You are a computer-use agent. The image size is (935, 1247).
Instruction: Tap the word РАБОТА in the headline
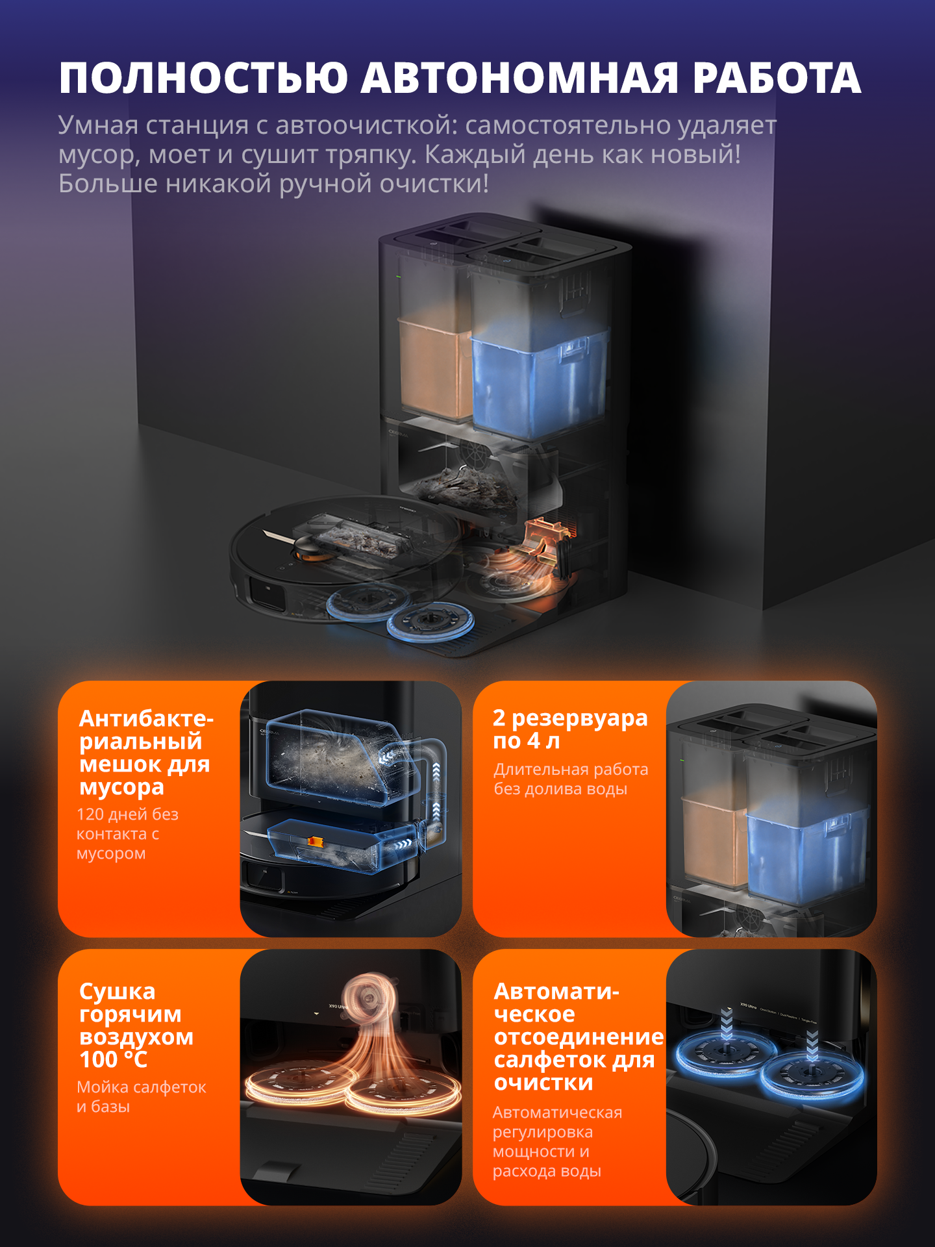[777, 78]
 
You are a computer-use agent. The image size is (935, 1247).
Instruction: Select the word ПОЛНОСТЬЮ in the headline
[203, 78]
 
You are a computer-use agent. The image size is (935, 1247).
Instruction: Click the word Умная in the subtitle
[98, 125]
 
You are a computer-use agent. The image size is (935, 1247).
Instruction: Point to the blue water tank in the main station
[539, 383]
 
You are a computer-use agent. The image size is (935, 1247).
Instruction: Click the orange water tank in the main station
[434, 367]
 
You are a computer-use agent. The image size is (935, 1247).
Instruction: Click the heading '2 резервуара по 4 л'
[570, 729]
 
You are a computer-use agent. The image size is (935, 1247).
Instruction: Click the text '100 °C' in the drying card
[113, 1060]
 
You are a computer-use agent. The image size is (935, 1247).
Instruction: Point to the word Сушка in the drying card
[117, 992]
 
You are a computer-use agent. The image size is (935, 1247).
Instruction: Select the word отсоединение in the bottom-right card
[579, 1037]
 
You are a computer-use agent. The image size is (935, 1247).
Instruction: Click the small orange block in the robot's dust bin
[315, 842]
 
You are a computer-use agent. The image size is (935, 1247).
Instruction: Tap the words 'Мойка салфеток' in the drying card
[141, 1087]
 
